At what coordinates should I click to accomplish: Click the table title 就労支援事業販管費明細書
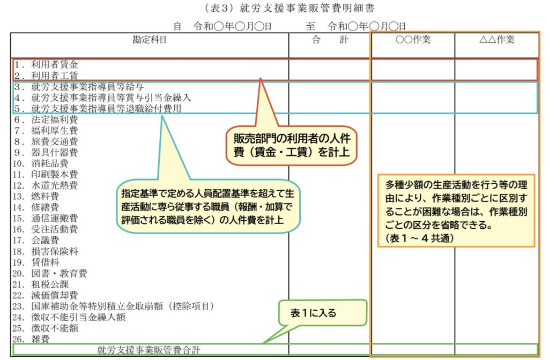(307, 8)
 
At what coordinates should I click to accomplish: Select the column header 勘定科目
(150, 40)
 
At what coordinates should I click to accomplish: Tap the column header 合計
(330, 40)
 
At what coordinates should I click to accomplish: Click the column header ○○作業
(413, 40)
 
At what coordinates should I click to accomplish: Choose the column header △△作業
(497, 40)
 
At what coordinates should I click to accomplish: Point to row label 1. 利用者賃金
(46, 64)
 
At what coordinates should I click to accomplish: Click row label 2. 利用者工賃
(46, 75)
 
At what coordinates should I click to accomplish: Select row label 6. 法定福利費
(46, 119)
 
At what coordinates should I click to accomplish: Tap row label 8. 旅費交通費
(46, 141)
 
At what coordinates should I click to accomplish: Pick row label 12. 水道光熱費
(45, 185)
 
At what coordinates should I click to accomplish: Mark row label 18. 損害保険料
(45, 251)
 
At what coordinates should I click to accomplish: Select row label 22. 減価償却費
(45, 295)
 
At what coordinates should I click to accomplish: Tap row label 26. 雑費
(31, 339)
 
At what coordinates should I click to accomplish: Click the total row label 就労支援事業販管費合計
(149, 349)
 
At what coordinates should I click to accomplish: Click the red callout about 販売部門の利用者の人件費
(291, 146)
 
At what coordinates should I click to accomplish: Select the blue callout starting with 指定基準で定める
(208, 206)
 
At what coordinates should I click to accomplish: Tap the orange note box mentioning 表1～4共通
(456, 211)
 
